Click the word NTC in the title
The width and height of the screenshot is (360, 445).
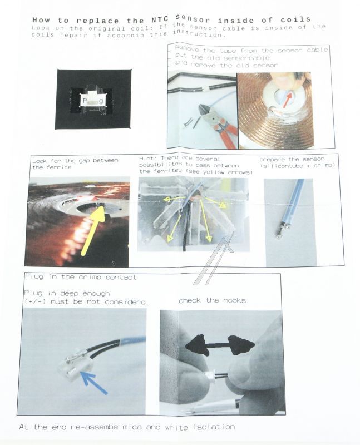[x=158, y=20]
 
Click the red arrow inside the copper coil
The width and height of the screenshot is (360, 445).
[x=287, y=101]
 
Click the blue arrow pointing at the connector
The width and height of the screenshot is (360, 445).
[x=93, y=382]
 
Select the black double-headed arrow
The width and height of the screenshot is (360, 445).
[x=220, y=345]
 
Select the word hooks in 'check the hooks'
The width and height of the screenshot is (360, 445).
[x=234, y=300]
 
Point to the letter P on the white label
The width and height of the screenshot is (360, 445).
[x=85, y=101]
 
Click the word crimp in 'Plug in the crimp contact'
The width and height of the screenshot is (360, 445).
[x=90, y=277]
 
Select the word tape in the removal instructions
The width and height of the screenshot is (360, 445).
[x=228, y=51]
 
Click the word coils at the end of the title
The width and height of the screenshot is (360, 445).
[x=295, y=19]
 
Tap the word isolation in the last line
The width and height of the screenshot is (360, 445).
[x=214, y=427]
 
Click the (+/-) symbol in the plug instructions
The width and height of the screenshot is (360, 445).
[x=35, y=301]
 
